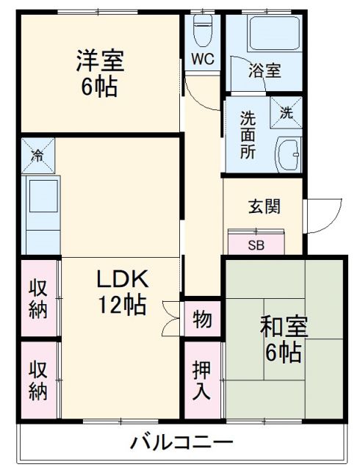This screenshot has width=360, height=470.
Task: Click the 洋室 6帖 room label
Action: [98, 74]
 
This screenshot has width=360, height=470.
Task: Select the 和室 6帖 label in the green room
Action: [283, 339]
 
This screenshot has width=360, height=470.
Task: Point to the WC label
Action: [204, 59]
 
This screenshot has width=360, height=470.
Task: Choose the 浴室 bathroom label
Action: [264, 71]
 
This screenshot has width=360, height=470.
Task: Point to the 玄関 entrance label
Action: [262, 206]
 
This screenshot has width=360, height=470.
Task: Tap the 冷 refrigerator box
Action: [37, 156]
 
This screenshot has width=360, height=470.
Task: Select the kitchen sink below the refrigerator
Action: [42, 198]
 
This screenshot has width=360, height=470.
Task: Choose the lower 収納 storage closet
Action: [39, 380]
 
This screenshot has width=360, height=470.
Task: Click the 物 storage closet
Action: [202, 320]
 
